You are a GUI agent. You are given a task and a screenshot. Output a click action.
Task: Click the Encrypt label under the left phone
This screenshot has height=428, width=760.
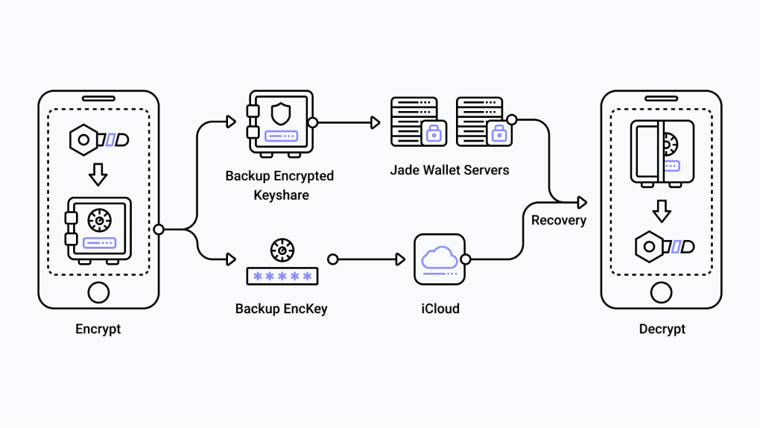click(98, 329)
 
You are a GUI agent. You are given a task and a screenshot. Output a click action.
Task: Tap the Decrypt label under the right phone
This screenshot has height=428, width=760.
click(662, 329)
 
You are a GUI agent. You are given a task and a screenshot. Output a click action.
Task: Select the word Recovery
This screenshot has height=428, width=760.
click(558, 220)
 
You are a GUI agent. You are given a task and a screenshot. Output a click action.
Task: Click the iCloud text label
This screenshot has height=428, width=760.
click(440, 308)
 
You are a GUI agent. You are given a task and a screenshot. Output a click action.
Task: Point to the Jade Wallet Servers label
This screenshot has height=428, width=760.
click(449, 170)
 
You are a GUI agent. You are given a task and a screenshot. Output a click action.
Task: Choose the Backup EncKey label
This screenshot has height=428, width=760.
click(281, 308)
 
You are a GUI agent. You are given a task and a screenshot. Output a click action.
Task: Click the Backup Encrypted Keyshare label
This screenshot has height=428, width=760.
click(279, 186)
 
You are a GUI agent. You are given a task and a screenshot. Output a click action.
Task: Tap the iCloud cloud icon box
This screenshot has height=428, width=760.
click(440, 259)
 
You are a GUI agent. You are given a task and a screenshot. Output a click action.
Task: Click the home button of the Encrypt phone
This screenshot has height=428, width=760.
click(98, 292)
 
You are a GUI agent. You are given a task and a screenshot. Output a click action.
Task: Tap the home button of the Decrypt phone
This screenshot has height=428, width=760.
click(662, 292)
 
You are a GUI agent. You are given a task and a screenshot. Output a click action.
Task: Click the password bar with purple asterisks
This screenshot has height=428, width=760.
click(282, 276)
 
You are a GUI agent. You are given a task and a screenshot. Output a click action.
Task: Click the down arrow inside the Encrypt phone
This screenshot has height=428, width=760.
click(98, 174)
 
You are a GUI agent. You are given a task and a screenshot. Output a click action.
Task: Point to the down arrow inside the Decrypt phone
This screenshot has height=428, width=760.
click(662, 211)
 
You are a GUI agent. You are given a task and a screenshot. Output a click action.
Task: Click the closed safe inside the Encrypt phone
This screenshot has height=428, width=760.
click(98, 228)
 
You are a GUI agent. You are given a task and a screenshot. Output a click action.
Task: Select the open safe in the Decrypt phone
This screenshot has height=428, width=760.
click(661, 151)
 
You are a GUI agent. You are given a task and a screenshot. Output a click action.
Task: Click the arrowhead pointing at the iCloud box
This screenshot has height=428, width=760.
click(400, 259)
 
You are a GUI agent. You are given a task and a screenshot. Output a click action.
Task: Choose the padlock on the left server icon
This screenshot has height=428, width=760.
click(431, 134)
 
